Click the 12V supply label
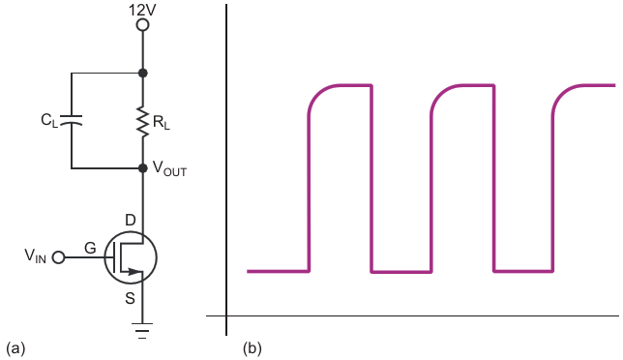click(x=142, y=10)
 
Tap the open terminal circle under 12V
click(x=142, y=25)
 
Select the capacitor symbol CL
click(x=72, y=120)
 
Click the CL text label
click(x=49, y=120)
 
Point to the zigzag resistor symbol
click(x=142, y=122)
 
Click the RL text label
click(x=162, y=122)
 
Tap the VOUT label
click(x=169, y=168)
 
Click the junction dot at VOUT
click(x=142, y=168)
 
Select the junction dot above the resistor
click(x=142, y=74)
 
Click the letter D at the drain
click(x=131, y=220)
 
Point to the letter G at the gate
click(x=91, y=248)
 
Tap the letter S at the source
click(x=130, y=298)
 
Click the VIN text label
click(x=36, y=255)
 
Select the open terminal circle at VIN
click(x=58, y=257)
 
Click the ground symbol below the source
click(x=142, y=331)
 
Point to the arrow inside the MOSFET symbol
click(x=132, y=272)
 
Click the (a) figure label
click(x=15, y=348)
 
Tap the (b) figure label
click(x=252, y=348)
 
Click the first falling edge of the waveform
click(x=371, y=178)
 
